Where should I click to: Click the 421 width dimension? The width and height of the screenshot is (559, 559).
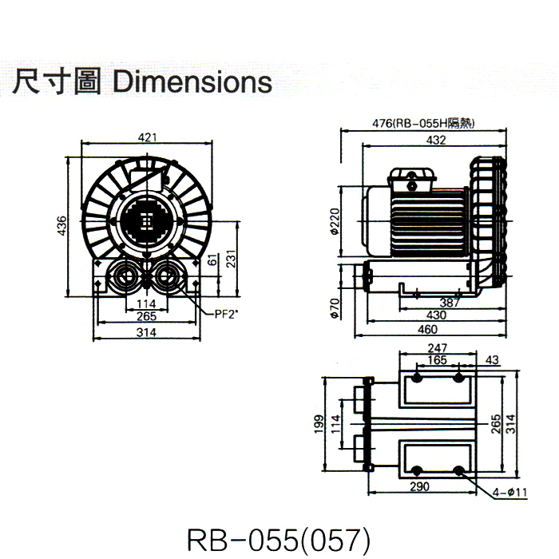(148, 138)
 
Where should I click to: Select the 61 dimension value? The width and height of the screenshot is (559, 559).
(212, 260)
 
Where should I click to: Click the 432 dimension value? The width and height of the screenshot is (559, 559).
(434, 141)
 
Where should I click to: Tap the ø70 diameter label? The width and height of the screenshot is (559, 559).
(335, 307)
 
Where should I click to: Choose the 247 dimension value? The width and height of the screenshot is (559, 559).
(437, 348)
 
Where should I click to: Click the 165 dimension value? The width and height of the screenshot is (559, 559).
(437, 361)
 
